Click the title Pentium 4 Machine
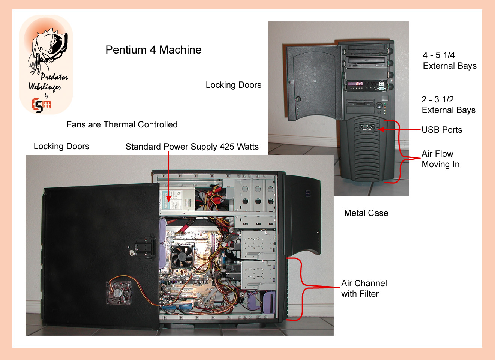click(x=153, y=50)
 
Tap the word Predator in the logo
click(x=54, y=77)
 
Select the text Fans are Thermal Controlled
click(x=122, y=124)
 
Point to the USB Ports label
click(x=442, y=130)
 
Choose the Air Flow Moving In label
click(x=440, y=159)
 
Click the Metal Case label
click(x=366, y=213)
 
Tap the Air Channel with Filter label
click(x=364, y=288)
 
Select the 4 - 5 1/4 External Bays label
click(x=449, y=60)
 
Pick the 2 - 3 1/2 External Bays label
click(x=448, y=105)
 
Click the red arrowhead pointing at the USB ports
click(x=381, y=129)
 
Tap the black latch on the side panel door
click(x=145, y=247)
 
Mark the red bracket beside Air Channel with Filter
click(x=302, y=288)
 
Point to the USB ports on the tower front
click(x=367, y=128)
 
